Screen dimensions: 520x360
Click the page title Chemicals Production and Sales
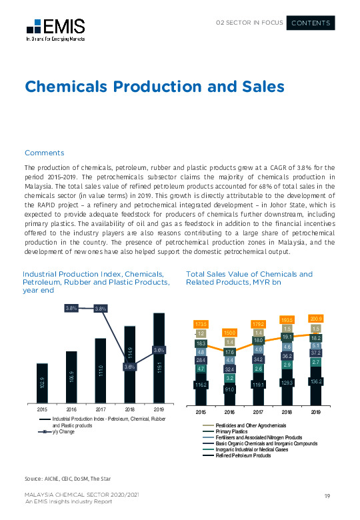pos(154,87)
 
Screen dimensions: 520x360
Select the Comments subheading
pos(44,153)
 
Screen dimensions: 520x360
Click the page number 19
pos(327,495)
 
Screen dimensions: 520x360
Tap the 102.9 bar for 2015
pos(42,383)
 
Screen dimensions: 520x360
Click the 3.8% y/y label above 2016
pos(73,308)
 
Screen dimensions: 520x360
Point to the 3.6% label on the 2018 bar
pos(130,366)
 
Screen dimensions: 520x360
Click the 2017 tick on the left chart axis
pos(101,409)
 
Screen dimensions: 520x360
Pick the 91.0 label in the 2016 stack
pos(230,389)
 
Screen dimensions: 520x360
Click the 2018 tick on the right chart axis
pos(287,412)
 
